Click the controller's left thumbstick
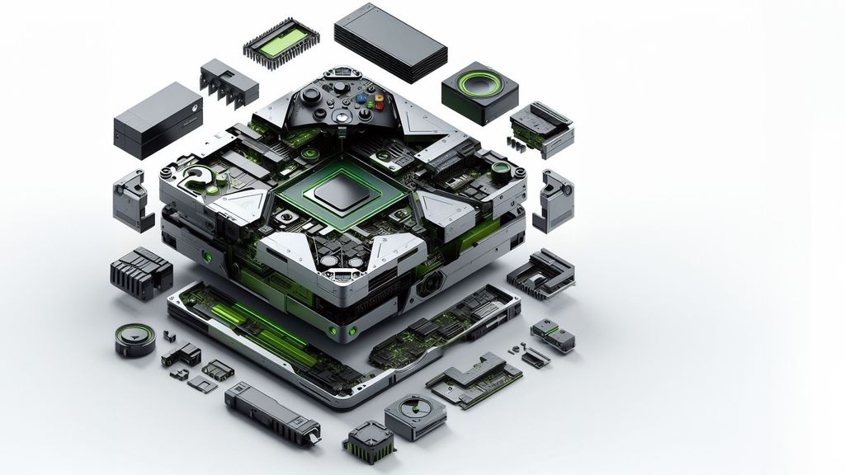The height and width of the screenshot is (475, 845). click(311, 95)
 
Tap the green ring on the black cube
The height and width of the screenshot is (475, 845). click(474, 86)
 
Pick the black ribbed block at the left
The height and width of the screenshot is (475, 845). click(140, 273)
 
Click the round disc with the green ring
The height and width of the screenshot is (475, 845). click(135, 338)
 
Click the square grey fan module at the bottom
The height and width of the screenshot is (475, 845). click(415, 413)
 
